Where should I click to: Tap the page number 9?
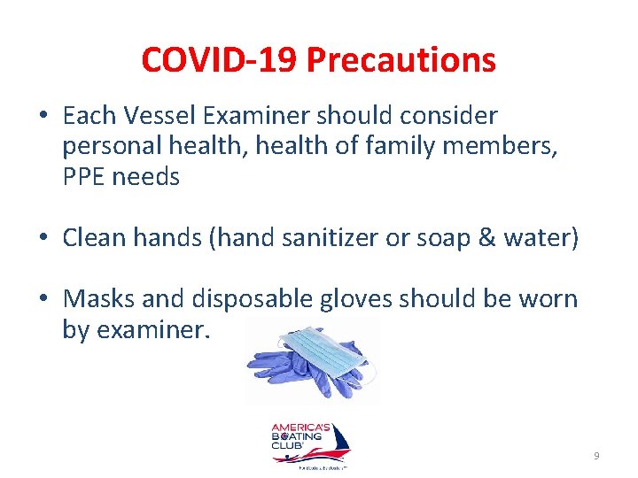click(596, 456)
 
